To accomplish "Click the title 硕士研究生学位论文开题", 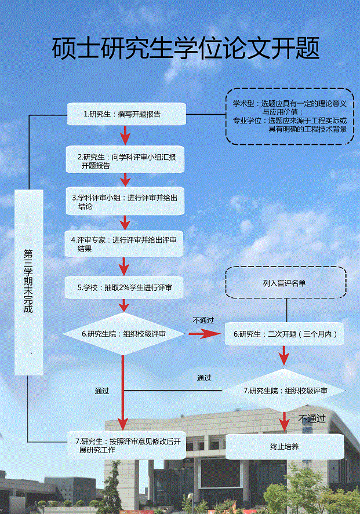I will pos(186,48).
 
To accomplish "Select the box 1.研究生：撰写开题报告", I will pos(126,114).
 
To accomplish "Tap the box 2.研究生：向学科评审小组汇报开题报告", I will pos(126,159).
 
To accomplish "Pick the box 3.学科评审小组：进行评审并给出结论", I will pos(126,201).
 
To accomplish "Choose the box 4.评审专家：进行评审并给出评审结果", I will pos(126,243).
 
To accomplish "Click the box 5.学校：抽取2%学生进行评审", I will pos(126,287).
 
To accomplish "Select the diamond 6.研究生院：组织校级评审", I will pos(123,334).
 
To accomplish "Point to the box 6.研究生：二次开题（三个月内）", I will pos(284,334).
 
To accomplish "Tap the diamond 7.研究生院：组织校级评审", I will pos(285,391).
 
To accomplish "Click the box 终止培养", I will pos(284,447).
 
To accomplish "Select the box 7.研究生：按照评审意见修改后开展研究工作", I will pos(126,446).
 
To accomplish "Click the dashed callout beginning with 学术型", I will pos(289,116).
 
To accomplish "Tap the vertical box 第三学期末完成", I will pos(28,281).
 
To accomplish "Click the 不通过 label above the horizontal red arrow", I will pos(203,320).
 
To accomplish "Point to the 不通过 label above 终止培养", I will pos(312,418).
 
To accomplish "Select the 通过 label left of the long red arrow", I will pos(102,391).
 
